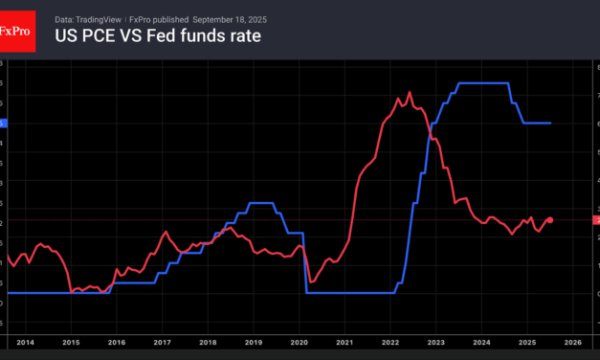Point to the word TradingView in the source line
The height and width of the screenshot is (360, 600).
pos(100,18)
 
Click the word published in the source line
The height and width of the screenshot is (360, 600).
pos(171,18)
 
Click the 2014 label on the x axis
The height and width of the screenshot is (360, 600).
pos(26,341)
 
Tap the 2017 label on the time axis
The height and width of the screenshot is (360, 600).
pos(163,341)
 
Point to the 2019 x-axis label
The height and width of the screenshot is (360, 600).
pos(254,341)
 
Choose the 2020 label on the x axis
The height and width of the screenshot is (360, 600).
pos(299,341)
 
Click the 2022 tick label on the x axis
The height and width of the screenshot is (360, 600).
pos(389,341)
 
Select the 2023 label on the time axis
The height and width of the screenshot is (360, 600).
pos(435,341)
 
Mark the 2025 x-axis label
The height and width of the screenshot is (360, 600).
pos(526,341)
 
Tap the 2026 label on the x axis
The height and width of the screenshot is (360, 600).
pos(571,341)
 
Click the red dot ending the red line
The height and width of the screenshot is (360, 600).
pos(549,220)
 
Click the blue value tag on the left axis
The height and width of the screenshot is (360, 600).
pos(3,123)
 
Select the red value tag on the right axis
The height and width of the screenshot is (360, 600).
pos(596,220)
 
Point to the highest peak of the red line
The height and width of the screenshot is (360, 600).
pos(410,92)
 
